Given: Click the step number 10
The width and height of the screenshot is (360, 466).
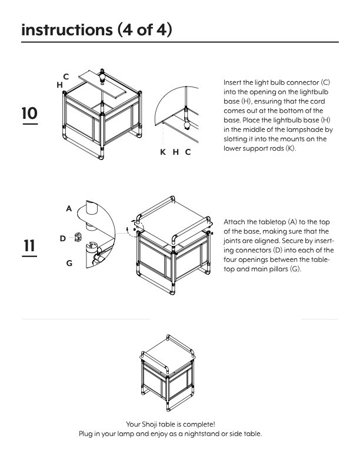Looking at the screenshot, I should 29,113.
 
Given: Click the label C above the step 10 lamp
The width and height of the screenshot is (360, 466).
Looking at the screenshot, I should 66,76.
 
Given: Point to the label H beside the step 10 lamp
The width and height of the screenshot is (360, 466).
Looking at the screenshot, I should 59,85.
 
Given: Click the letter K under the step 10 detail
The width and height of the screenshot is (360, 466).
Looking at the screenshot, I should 163,152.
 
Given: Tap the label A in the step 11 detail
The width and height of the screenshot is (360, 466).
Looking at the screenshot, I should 69,208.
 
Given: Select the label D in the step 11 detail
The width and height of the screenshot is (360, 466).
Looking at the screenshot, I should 62,238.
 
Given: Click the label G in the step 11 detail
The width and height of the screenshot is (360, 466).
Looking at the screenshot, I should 69,263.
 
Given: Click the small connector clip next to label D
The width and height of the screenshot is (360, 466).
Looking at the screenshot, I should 77,238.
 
